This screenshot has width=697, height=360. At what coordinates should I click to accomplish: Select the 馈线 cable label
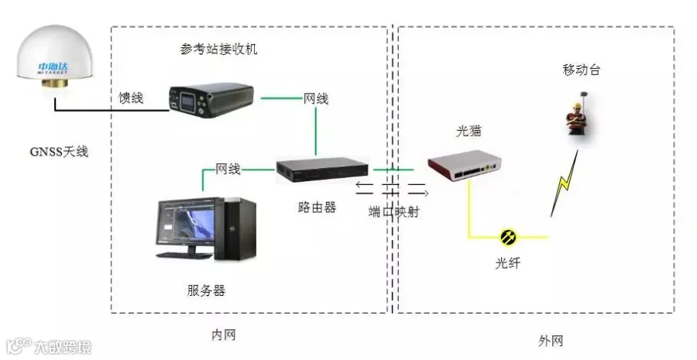coord(131,98)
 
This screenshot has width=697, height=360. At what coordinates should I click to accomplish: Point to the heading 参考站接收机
coord(218,50)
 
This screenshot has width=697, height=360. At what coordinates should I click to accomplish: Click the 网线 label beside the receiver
coord(315,98)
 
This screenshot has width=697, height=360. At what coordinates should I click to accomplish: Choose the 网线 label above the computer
coord(228,168)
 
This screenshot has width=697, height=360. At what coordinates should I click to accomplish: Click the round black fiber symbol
coord(508,236)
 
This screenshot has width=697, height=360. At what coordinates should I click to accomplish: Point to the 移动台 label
coord(581,70)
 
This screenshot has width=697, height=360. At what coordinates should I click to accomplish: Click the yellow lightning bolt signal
coord(564,183)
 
